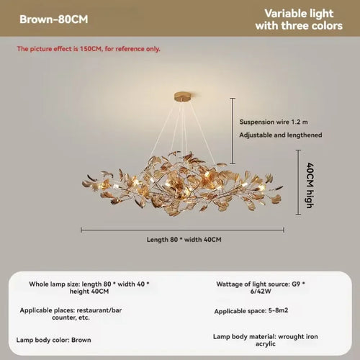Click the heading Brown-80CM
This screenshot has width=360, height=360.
point(54,19)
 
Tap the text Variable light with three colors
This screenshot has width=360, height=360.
point(299,19)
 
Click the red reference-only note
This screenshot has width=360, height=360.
point(89,49)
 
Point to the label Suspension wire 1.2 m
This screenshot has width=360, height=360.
point(274,122)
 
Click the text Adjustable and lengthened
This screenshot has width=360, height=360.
point(281,135)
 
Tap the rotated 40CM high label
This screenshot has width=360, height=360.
point(310,185)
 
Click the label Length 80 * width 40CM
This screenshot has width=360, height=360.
point(184,240)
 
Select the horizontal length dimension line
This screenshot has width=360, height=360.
point(182,230)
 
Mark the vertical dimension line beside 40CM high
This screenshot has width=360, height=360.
point(298,182)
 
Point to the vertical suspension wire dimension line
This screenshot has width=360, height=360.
point(233,131)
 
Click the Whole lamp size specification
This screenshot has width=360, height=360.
point(89,287)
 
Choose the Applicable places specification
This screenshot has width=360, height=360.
point(71,314)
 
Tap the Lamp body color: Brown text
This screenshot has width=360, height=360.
point(53,340)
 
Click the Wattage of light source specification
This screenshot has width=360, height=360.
point(261,287)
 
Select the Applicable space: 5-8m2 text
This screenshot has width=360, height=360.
point(251,311)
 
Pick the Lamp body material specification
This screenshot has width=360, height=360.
point(266,340)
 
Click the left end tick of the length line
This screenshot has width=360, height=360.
point(81,230)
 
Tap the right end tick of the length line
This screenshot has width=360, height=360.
point(284,230)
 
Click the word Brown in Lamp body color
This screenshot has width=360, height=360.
point(81,340)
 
